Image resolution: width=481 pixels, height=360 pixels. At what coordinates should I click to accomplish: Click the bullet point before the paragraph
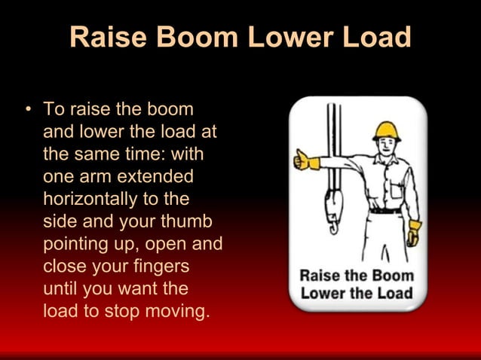(x=28, y=110)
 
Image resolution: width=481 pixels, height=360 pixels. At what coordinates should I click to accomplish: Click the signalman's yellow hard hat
(x=387, y=131)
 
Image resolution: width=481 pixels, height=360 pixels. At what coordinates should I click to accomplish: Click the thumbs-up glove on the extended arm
(x=305, y=160)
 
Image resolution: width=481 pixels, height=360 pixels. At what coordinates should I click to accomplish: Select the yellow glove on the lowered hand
(x=414, y=232)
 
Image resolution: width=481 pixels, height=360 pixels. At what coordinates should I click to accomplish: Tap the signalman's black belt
(x=385, y=211)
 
